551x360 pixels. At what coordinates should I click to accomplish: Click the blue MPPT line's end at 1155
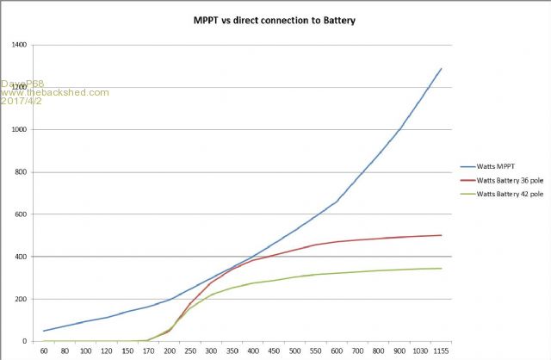tap(442, 68)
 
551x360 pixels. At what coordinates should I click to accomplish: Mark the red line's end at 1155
tap(442, 235)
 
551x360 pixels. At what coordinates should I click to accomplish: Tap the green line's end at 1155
tap(442, 269)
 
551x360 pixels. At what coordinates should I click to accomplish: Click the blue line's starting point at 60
tap(45, 331)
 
